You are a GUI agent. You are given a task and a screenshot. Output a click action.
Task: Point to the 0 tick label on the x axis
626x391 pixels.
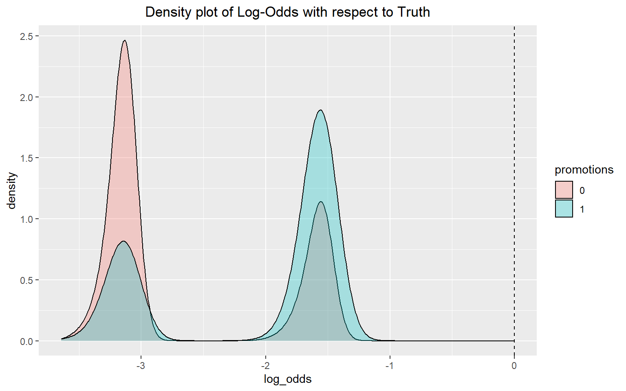[514, 365]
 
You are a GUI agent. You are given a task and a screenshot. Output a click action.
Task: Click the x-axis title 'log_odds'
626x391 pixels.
[288, 379]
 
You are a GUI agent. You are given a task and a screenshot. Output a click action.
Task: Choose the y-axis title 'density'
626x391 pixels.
[12, 191]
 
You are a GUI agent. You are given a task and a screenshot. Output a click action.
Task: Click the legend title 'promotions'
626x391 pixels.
[584, 169]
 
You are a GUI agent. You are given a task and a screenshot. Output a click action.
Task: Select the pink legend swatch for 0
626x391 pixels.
[564, 190]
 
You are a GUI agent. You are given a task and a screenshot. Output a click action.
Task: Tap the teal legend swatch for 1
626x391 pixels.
[564, 209]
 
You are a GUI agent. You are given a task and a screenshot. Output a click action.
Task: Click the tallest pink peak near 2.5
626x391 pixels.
[125, 41]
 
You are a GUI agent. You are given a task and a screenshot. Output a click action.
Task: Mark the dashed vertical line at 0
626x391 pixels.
[514, 183]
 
